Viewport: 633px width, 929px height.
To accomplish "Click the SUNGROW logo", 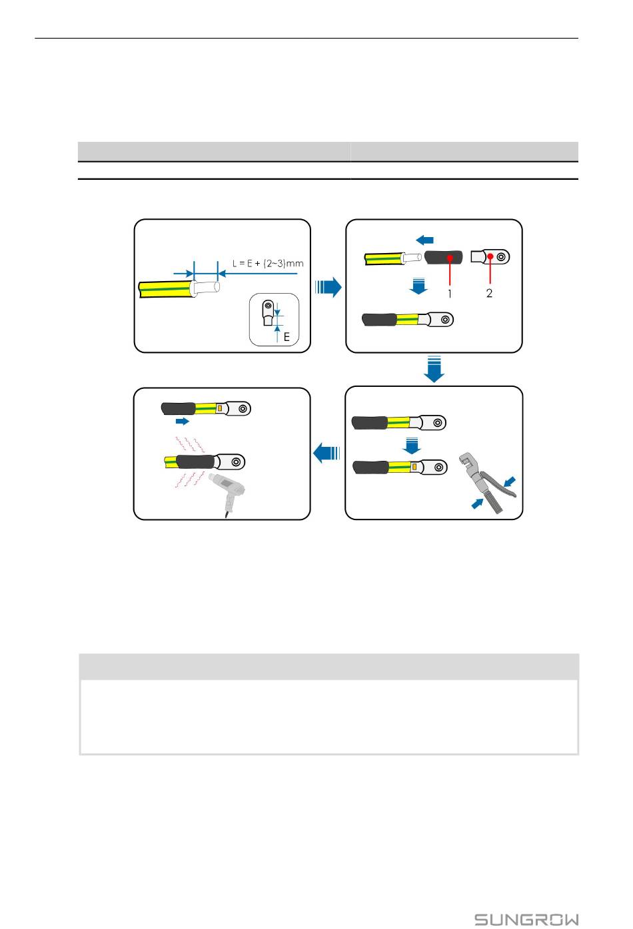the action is coord(526,919).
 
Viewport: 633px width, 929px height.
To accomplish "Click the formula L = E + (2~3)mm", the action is coord(268,263).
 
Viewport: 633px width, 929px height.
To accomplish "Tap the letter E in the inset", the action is coord(287,337).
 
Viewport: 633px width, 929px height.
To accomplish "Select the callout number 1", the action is coord(450,294).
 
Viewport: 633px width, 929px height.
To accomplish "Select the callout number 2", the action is coord(489,293).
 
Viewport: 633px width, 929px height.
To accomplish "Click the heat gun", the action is coord(227,494).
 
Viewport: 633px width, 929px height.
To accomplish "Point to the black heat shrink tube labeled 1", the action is coord(444,259).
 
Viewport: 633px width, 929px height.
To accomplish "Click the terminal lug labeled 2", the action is coord(490,256).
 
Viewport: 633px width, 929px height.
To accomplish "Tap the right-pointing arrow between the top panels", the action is coord(328,287).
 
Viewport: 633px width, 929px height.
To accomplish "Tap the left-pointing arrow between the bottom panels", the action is coord(326,452).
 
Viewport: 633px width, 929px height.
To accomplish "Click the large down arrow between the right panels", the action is coord(434,369).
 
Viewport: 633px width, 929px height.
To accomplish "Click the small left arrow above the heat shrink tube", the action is coord(424,240).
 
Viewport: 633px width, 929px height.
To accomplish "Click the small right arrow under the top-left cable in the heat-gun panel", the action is coord(182,422).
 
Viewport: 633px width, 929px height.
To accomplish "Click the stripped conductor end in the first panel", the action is coord(205,287).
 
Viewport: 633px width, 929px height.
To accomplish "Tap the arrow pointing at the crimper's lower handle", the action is coord(478,503).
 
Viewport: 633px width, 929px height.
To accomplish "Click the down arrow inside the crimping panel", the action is coord(412,446).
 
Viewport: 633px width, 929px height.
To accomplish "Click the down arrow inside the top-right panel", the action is coord(418,286).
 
